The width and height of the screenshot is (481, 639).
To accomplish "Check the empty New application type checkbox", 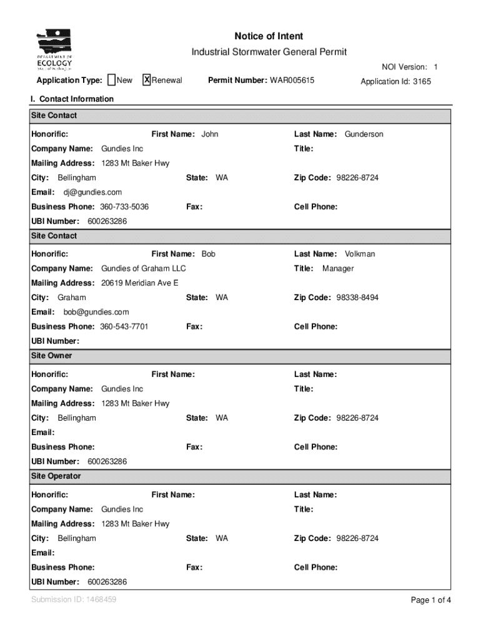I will click(x=111, y=80).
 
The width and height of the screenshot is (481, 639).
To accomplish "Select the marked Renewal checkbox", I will click(x=147, y=80).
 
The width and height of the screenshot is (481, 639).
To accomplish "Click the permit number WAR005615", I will click(x=292, y=80).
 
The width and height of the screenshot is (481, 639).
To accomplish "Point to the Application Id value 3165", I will click(x=421, y=82).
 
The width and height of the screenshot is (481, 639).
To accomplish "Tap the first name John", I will click(x=210, y=134).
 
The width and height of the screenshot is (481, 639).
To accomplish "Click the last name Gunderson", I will click(x=364, y=134).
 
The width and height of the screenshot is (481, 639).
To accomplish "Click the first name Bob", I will click(x=208, y=254).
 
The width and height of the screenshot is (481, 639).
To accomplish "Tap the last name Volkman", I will click(x=360, y=254).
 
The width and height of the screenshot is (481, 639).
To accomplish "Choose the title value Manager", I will click(x=338, y=268).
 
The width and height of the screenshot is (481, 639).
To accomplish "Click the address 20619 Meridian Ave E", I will click(x=139, y=283).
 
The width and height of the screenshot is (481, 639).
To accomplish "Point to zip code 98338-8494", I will click(x=357, y=298).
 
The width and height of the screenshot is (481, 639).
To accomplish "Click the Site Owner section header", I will click(x=52, y=356).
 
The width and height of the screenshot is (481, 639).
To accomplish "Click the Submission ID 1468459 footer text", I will click(x=74, y=600).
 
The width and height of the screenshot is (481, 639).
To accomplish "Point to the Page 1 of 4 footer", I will click(x=430, y=600).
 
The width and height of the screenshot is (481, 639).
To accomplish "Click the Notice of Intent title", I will click(x=269, y=36).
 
